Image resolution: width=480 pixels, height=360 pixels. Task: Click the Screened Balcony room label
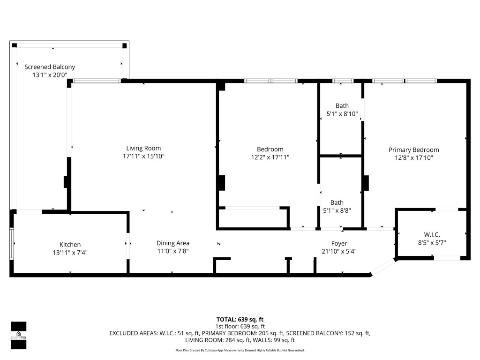50,67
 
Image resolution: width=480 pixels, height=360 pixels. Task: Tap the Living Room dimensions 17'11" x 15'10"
143,156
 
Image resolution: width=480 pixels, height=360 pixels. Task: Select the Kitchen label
70,244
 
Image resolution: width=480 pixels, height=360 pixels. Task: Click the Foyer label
339,243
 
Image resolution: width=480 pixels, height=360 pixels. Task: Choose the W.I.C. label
431,234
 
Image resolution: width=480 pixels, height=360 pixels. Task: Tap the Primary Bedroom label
413,150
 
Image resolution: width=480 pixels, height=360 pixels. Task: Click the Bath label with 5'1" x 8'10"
342,106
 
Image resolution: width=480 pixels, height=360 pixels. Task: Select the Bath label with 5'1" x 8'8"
337,202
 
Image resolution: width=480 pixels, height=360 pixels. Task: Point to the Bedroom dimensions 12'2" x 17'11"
270,157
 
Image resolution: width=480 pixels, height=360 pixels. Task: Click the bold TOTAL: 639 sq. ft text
240,319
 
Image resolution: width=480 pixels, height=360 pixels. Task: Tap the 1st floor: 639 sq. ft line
240,326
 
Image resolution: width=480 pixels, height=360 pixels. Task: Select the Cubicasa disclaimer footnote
240,350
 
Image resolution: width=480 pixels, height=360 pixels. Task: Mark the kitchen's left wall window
12,243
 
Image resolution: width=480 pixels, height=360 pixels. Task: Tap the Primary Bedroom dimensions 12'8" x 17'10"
413,158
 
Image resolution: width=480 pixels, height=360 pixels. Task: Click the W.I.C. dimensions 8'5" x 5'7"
431,242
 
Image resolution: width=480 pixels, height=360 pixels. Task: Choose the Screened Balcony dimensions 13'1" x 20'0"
50,75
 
